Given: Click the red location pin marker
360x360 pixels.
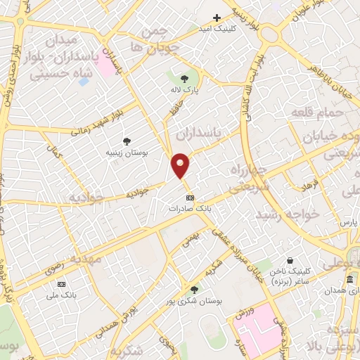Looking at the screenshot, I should (x=181, y=165).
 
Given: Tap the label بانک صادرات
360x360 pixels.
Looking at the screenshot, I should (x=191, y=209).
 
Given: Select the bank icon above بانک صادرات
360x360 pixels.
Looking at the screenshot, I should (x=191, y=198).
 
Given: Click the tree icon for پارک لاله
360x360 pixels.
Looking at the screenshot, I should (x=185, y=79).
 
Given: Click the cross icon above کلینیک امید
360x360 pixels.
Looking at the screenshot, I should (x=217, y=18).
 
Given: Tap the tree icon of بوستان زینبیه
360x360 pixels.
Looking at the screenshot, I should (x=127, y=141).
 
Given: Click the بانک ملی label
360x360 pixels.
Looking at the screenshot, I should (x=62, y=295).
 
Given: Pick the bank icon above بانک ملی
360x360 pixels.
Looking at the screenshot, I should (x=62, y=284).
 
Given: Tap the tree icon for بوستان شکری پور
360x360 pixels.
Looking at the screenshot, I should (x=194, y=289).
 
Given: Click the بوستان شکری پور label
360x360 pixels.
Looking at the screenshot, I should (x=195, y=300).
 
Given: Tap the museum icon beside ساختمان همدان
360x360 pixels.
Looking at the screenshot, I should (x=349, y=281).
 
